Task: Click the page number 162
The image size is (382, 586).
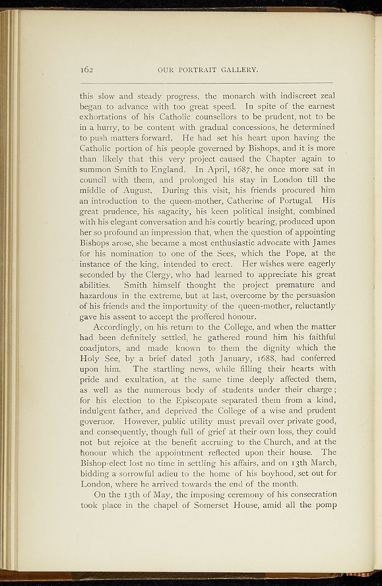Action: point(87,70)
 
